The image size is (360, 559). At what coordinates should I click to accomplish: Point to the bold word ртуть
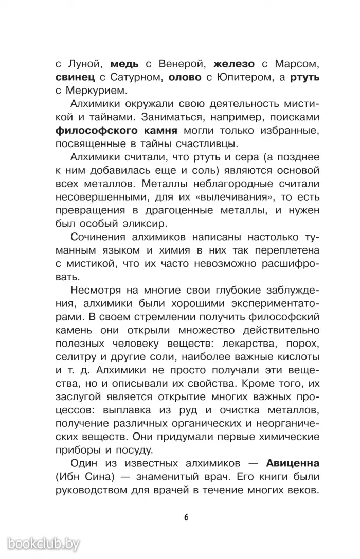305,78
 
